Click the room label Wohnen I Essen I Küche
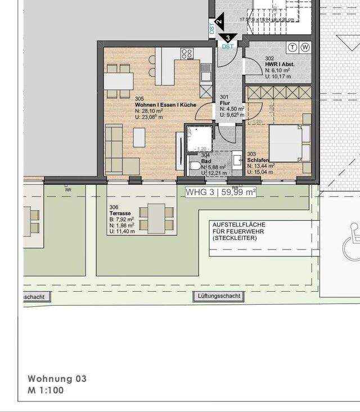point(165,105)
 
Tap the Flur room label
point(224,103)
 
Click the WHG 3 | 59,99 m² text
point(220,192)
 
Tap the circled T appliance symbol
point(293,47)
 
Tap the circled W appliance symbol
point(305,47)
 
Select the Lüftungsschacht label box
point(219,296)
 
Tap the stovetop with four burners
point(187,53)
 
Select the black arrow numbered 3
point(228,38)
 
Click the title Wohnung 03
point(57,379)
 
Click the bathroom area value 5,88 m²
point(217,167)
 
